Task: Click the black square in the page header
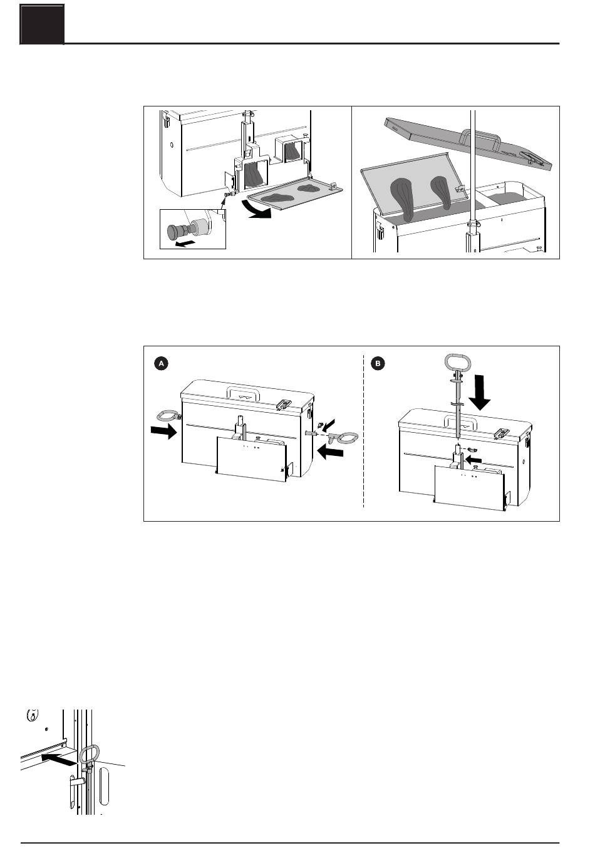[x=43, y=24]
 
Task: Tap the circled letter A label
[x=162, y=363]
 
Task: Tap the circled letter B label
[x=378, y=363]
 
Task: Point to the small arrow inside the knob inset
[x=184, y=243]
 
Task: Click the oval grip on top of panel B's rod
[x=458, y=362]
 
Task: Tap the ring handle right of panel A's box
[x=346, y=437]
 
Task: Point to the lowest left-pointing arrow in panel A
[x=331, y=452]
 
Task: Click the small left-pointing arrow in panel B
[x=473, y=459]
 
